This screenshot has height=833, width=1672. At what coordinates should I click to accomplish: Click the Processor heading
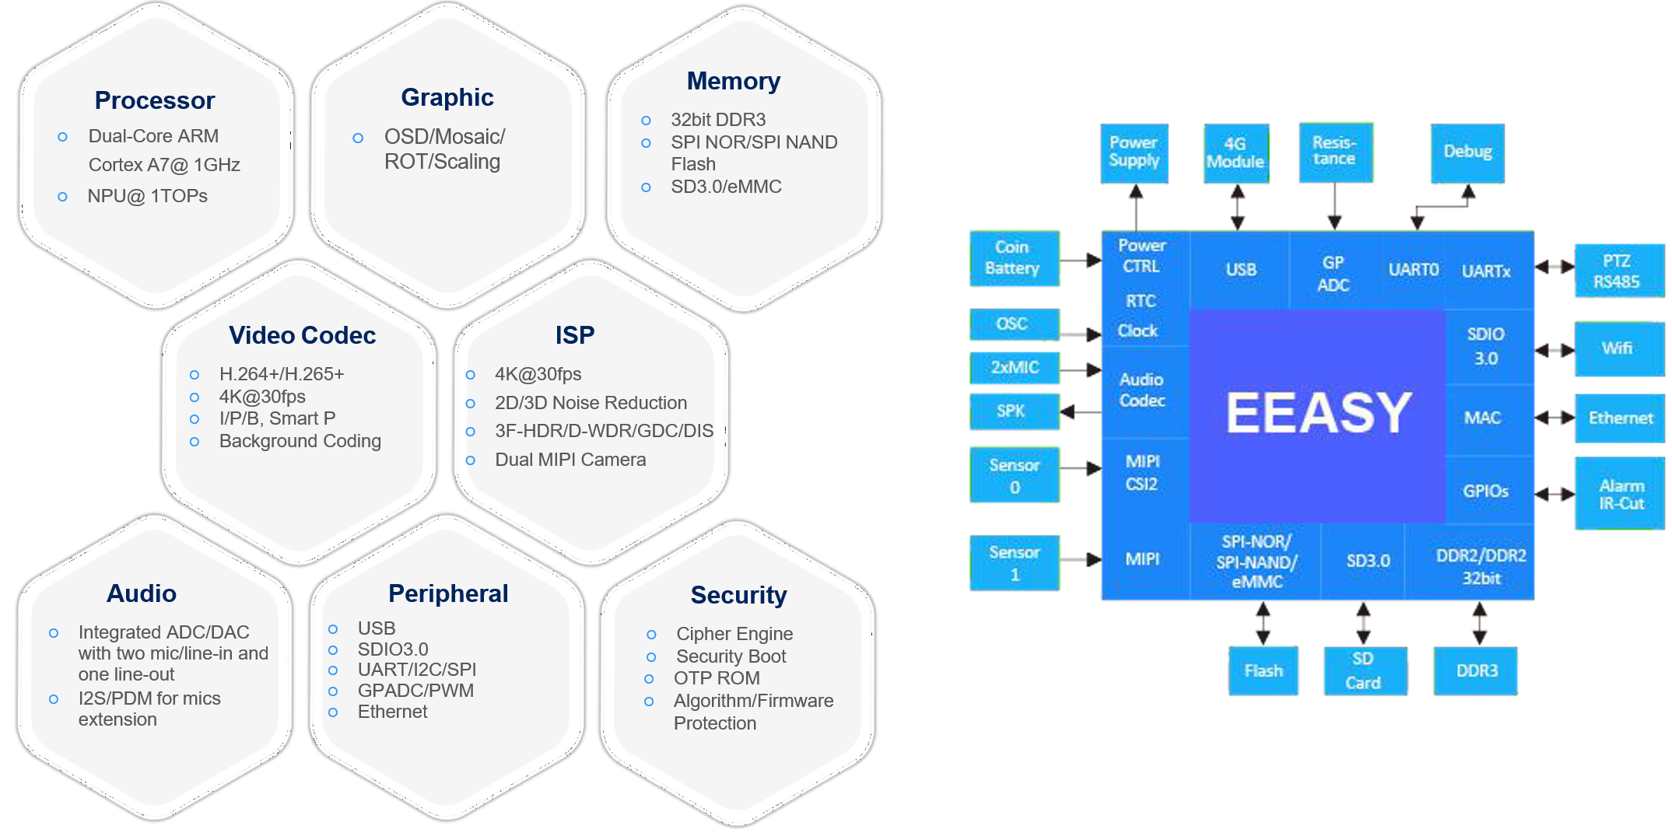tap(154, 100)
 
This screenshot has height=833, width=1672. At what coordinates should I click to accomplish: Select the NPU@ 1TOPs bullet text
tap(147, 196)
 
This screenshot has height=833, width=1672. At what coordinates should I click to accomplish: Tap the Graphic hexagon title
tap(447, 97)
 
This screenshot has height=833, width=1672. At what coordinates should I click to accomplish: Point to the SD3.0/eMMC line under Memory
tap(726, 187)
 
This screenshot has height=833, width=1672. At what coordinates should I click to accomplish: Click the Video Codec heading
tap(302, 335)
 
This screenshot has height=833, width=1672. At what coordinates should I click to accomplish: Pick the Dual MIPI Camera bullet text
tap(570, 460)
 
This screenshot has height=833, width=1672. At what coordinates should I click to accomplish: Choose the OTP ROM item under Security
tap(716, 678)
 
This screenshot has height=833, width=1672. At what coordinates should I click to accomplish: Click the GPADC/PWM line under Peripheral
tap(415, 691)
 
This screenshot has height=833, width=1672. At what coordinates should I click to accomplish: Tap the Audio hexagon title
tap(141, 593)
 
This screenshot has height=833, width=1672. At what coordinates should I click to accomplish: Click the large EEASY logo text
tap(1318, 412)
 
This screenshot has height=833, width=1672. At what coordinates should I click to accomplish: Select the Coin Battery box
tap(1014, 258)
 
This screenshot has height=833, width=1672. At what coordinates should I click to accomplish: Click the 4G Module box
tap(1236, 153)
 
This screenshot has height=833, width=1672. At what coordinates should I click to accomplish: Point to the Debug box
tap(1467, 152)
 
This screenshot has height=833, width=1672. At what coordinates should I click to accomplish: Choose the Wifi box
tap(1618, 348)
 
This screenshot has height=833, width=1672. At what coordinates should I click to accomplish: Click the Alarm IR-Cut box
tap(1620, 495)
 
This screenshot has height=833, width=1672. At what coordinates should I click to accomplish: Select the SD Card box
tap(1365, 670)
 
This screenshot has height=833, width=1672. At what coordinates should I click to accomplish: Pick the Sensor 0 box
tap(1014, 475)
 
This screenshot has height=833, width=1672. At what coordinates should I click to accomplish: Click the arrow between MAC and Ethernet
tap(1554, 418)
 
